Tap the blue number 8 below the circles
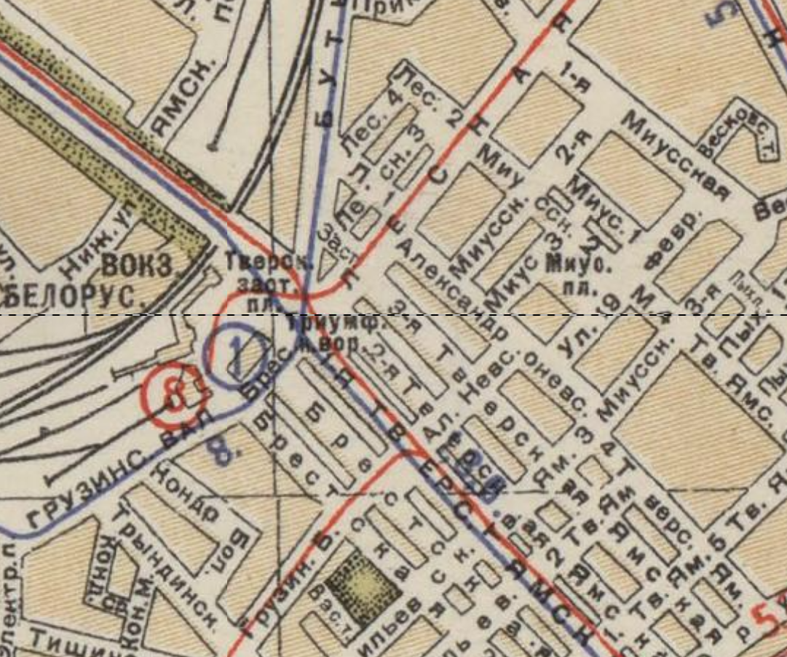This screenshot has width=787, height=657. click(x=224, y=448)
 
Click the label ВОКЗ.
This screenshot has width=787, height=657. click(x=137, y=266)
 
